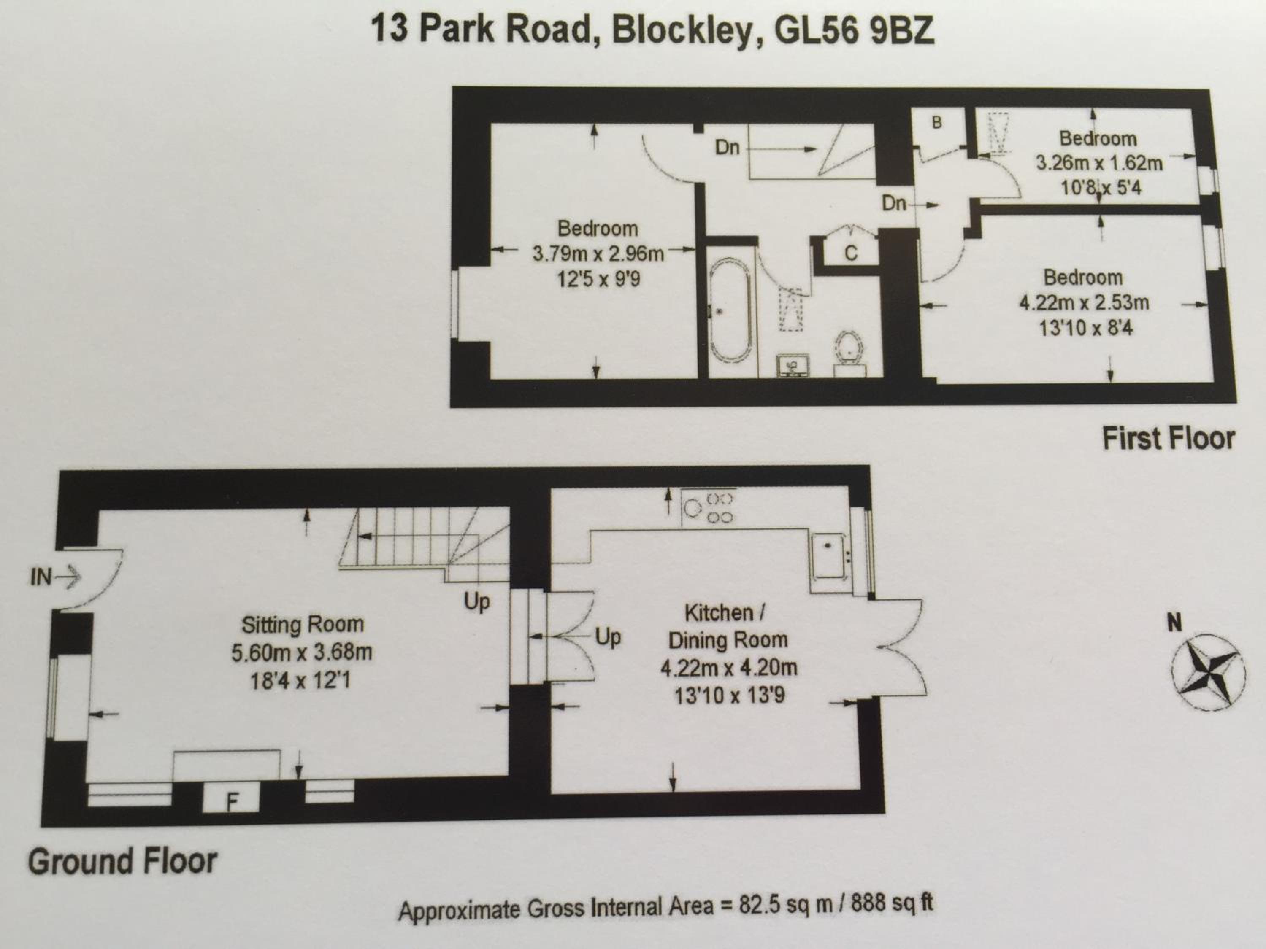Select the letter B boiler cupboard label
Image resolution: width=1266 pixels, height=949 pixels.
pyautogui.click(x=937, y=122)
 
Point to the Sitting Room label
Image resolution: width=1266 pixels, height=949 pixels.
pyautogui.click(x=302, y=624)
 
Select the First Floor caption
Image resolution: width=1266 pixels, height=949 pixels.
pyautogui.click(x=1168, y=439)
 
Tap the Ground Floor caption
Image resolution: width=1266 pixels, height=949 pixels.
pyautogui.click(x=122, y=861)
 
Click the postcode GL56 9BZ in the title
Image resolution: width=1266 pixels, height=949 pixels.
pyautogui.click(x=853, y=30)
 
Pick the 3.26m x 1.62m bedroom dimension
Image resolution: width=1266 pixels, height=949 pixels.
pyautogui.click(x=1099, y=164)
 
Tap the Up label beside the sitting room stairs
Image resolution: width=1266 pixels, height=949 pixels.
pyautogui.click(x=477, y=602)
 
